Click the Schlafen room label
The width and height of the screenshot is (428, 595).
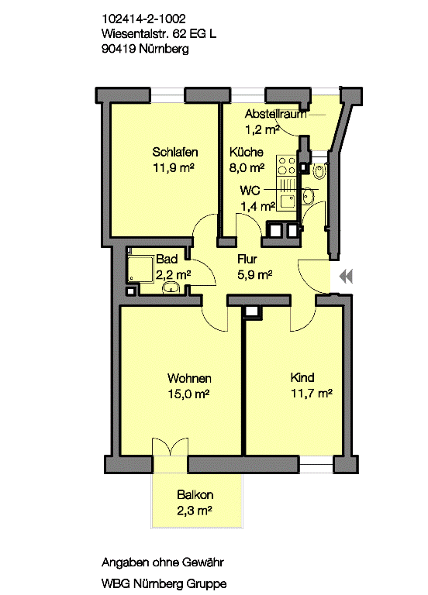pyautogui.click(x=175, y=152)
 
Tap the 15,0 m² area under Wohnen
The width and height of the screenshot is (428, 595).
pyautogui.click(x=188, y=394)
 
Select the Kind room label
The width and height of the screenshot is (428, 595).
pyautogui.click(x=302, y=377)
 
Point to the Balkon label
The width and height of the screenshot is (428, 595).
pyautogui.click(x=195, y=495)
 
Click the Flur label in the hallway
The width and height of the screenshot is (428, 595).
pyautogui.click(x=247, y=260)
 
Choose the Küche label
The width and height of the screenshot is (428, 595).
pyautogui.click(x=246, y=152)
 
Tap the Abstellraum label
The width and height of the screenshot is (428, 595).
pyautogui.click(x=275, y=114)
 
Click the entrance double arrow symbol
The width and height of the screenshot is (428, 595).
pyautogui.click(x=346, y=276)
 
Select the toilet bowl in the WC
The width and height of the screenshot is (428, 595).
pyautogui.click(x=319, y=171)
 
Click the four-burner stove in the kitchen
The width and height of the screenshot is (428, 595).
pyautogui.click(x=287, y=166)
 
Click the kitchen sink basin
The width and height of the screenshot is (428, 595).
pyautogui.click(x=288, y=201)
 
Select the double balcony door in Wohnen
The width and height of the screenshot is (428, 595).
pyautogui.click(x=170, y=447)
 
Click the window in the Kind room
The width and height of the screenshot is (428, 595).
pyautogui.click(x=316, y=465)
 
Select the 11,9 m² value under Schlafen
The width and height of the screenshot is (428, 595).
pyautogui.click(x=174, y=167)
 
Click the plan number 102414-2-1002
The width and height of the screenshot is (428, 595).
pyautogui.click(x=143, y=19)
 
